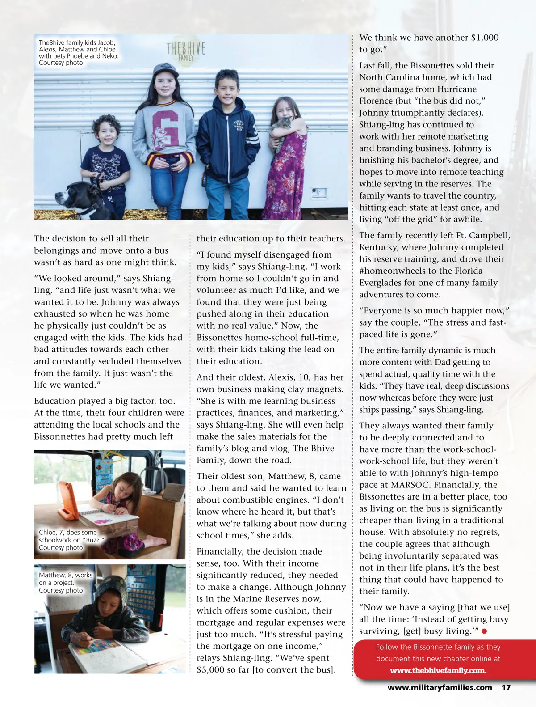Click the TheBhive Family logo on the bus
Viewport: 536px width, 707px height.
pyautogui.click(x=186, y=51)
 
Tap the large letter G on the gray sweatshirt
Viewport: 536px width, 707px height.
pyautogui.click(x=166, y=129)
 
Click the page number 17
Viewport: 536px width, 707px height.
pyautogui.click(x=506, y=687)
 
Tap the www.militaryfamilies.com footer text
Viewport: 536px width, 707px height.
pyautogui.click(x=440, y=687)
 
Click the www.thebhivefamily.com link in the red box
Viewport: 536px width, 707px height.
pyautogui.click(x=438, y=670)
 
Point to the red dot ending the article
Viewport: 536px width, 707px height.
pyautogui.click(x=484, y=631)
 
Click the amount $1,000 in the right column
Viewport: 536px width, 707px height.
pyautogui.click(x=485, y=38)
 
